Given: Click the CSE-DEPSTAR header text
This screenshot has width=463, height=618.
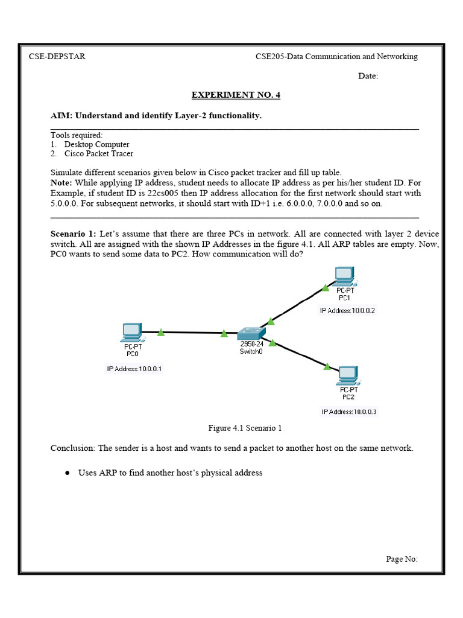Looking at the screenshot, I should pyautogui.click(x=57, y=57).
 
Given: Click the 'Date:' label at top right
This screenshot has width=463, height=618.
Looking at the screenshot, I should pyautogui.click(x=368, y=76).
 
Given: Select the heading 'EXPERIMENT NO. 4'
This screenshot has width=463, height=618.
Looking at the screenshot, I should pyautogui.click(x=236, y=95).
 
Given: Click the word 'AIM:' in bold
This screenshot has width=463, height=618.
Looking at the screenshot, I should pyautogui.click(x=61, y=115).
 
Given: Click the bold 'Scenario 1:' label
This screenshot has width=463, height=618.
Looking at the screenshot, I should pyautogui.click(x=74, y=233).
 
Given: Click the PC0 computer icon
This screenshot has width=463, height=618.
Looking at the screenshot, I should pyautogui.click(x=132, y=331).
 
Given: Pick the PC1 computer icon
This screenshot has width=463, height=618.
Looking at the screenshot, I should pyautogui.click(x=344, y=275).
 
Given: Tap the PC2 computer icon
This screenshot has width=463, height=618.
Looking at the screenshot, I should pyautogui.click(x=348, y=375).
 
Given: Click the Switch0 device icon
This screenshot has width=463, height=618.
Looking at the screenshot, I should pyautogui.click(x=250, y=333).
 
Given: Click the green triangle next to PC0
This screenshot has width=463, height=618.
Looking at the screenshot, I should pyautogui.click(x=161, y=331).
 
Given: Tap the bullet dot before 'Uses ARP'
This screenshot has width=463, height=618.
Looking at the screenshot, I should pyautogui.click(x=68, y=473).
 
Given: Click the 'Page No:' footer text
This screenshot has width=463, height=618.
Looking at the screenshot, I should pyautogui.click(x=402, y=559).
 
